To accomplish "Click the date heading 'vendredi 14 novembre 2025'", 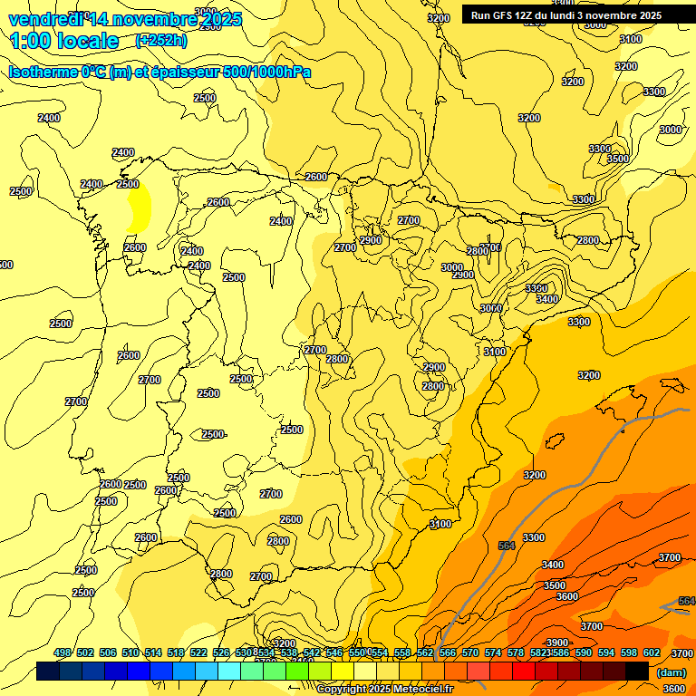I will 125,19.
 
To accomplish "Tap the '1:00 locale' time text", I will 64,41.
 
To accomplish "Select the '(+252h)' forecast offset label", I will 160,40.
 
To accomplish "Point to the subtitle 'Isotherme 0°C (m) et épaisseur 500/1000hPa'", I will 159,72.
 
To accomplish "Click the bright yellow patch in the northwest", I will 140,207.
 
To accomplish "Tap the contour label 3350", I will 536,288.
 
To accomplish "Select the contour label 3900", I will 556,616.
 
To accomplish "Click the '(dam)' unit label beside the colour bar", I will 672,672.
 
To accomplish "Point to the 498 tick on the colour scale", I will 63,652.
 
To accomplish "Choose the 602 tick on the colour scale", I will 652,652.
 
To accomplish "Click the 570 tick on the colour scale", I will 470,652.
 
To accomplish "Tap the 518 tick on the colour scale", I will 176,652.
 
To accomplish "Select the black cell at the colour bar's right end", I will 637,672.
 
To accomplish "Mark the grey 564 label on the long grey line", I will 507,545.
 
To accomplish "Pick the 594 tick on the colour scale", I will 606,652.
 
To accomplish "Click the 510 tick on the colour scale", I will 130,652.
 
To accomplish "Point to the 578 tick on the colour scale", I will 516,652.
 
